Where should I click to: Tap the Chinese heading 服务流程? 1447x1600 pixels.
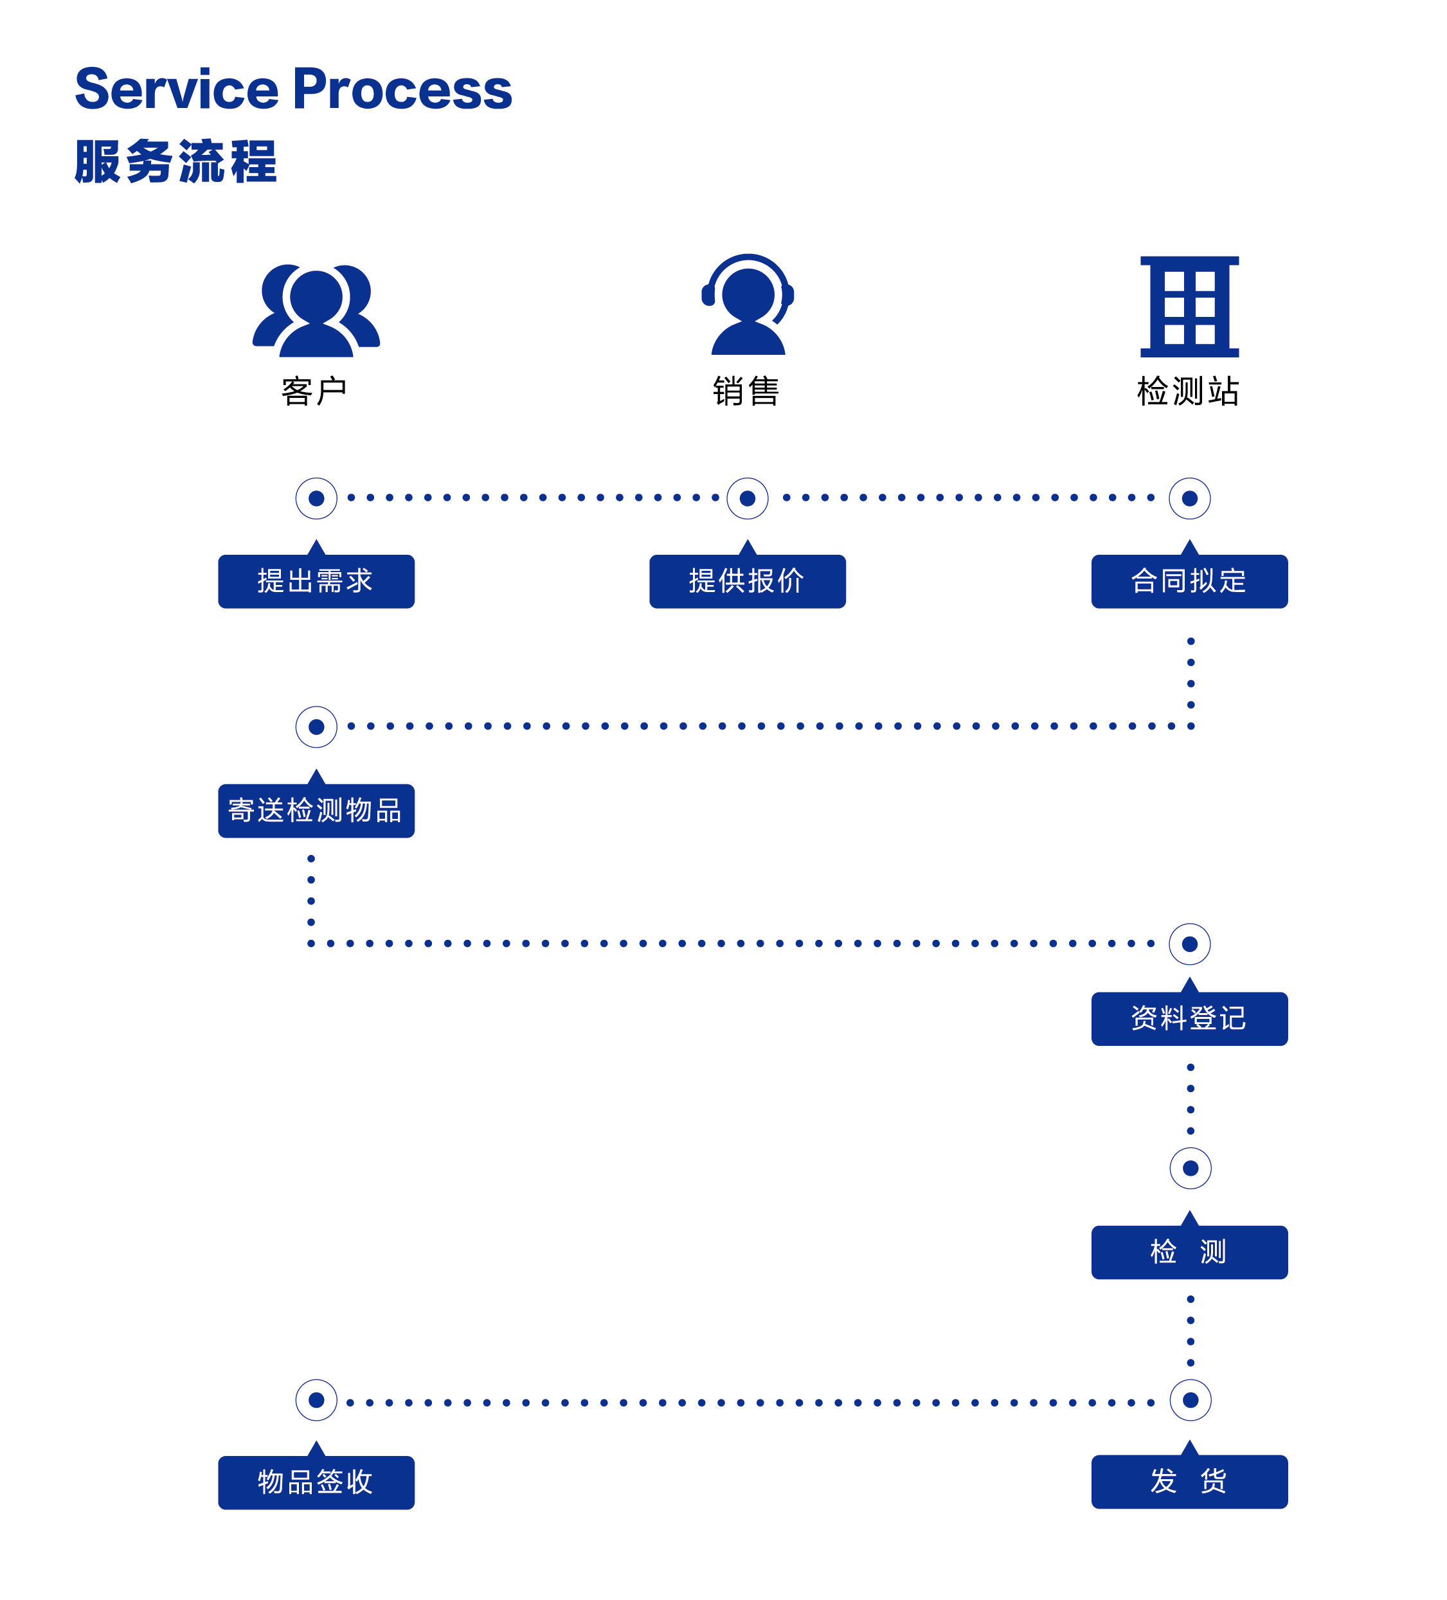[175, 162]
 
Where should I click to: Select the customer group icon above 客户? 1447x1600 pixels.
[316, 310]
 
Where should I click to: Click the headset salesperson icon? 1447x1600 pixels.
[747, 305]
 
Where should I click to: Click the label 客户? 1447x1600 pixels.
[314, 391]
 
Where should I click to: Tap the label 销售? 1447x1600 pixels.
[746, 391]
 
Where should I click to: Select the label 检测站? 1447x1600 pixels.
[1187, 391]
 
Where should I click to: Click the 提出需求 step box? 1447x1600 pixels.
[316, 581]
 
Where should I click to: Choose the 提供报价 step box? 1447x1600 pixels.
[747, 581]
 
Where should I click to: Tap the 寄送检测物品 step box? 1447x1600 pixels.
[316, 811]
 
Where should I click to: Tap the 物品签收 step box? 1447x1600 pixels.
[316, 1482]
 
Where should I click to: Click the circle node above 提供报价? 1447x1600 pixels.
[747, 498]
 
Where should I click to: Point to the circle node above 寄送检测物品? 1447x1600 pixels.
[316, 727]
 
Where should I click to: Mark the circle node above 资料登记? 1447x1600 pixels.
[1189, 944]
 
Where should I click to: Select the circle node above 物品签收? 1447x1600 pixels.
[316, 1400]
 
